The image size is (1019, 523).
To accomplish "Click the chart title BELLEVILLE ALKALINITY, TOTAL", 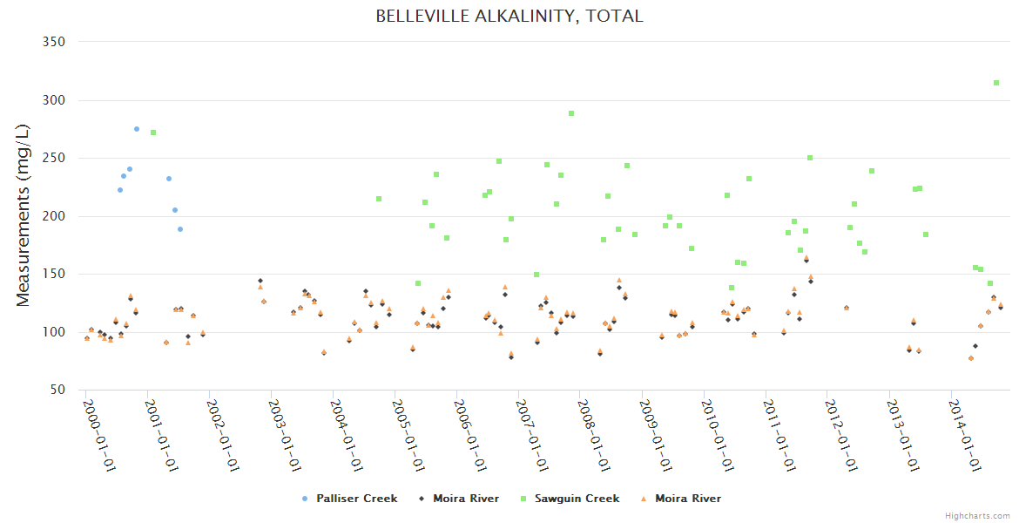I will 509,17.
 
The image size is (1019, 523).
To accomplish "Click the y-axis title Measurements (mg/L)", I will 24,216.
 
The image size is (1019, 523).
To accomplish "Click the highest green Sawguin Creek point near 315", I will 996,83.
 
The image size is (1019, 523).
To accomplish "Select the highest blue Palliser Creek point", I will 137,129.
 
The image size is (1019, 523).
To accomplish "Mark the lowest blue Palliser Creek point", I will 180,229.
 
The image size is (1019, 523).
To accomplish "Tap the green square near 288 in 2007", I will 571,113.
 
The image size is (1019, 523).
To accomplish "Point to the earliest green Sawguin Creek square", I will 153,132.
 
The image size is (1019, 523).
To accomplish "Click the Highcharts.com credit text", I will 977,516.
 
